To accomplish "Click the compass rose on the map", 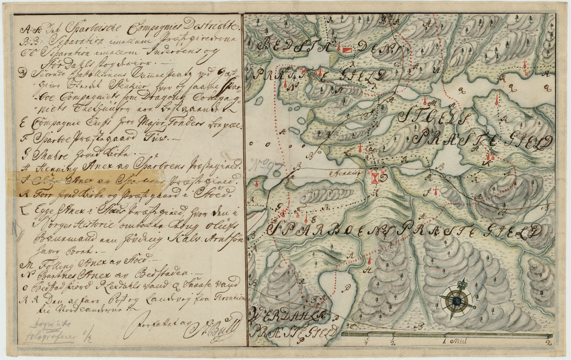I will point(456,301).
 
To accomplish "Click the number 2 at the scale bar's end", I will point(548,342).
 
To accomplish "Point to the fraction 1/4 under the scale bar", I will point(366,340).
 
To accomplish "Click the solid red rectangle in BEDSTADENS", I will point(347,50).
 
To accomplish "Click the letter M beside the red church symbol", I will point(433,104).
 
